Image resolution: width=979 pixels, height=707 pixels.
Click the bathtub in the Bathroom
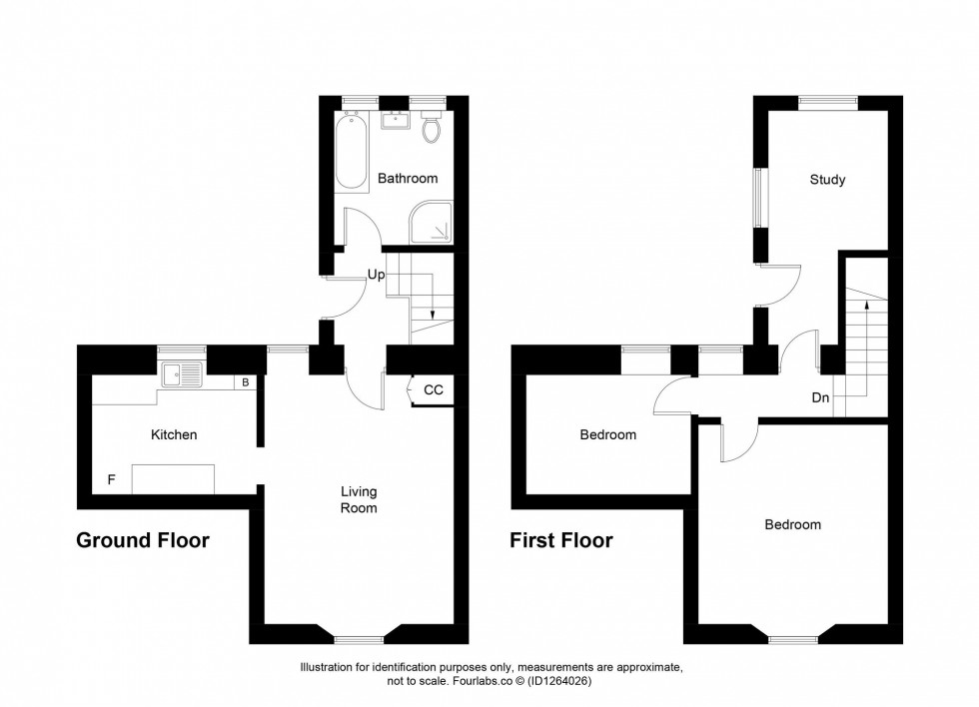coord(352,151)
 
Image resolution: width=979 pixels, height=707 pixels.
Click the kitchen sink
coord(183,375)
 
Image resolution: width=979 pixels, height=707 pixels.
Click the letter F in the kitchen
coord(111,480)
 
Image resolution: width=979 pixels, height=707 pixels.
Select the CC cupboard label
coord(434,390)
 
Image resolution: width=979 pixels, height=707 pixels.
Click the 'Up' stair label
coord(376,275)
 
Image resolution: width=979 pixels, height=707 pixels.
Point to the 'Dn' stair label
coord(820,397)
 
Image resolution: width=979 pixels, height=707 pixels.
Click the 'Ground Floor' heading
coord(143,541)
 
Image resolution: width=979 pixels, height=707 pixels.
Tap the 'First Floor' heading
coord(561,541)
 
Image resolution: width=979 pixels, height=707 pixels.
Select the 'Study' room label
coord(827,180)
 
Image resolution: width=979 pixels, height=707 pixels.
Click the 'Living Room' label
coord(359,499)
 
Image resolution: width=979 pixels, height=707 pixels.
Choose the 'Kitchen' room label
coord(174,435)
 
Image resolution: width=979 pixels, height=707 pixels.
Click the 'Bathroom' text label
coord(408,179)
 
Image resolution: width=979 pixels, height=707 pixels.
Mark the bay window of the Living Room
coord(359,638)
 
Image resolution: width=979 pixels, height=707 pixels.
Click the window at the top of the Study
coord(827,101)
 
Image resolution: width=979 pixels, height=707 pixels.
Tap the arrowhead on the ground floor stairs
coord(433,316)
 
